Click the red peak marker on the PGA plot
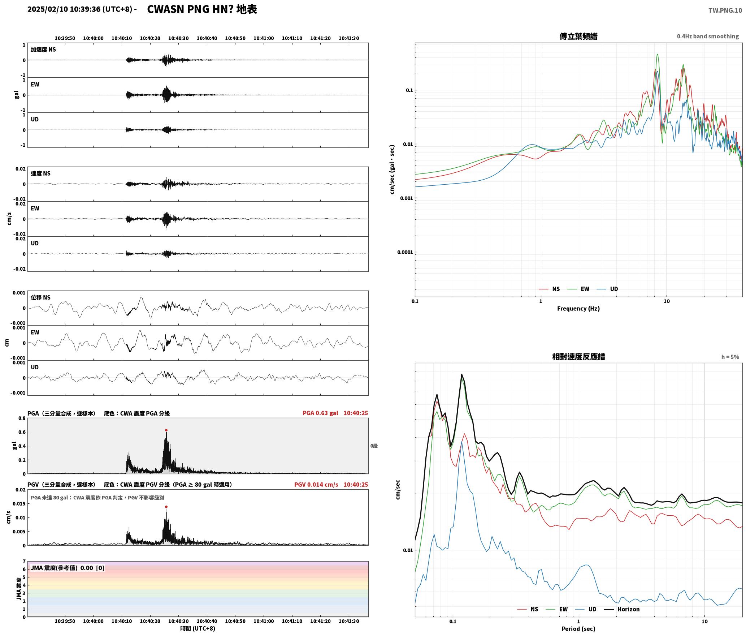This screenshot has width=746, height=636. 166,430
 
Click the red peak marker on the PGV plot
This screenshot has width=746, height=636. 166,507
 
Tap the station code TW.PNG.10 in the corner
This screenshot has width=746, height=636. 725,10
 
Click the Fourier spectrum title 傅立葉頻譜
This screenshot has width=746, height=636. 578,36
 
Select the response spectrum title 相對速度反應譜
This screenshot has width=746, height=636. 578,356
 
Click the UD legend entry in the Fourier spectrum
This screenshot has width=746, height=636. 607,289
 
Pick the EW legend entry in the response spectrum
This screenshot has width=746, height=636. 557,609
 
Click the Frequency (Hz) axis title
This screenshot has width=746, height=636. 578,308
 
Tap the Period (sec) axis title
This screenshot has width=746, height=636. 578,628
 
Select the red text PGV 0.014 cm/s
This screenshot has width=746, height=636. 316,484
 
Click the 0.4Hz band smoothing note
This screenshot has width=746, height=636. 708,36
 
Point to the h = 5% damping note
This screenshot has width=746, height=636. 730,357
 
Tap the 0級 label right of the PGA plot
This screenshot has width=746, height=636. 374,446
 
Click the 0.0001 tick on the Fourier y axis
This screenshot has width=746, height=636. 405,252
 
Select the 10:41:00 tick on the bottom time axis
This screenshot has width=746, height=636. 264,621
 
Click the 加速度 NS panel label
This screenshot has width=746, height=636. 43,49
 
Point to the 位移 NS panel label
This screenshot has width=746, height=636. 40,297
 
